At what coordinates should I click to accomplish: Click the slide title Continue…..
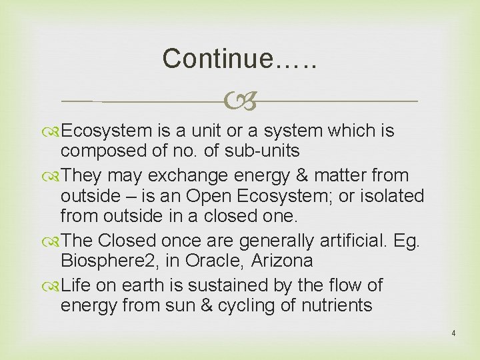pos(239,59)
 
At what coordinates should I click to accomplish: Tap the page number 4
pos(453,333)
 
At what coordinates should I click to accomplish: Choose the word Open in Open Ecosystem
pos(205,197)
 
